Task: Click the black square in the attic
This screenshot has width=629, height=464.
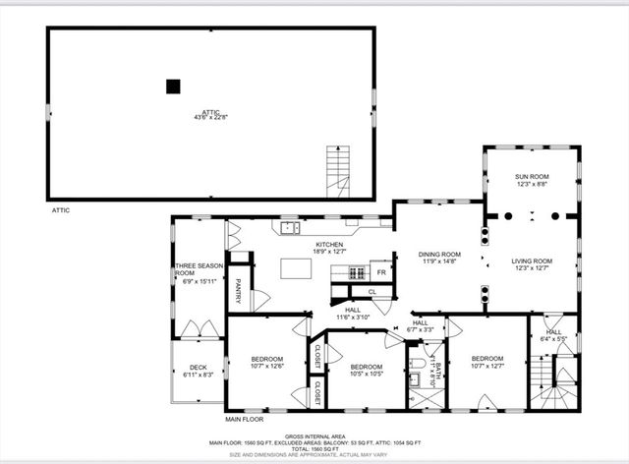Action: (173, 87)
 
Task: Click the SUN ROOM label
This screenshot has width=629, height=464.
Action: (532, 177)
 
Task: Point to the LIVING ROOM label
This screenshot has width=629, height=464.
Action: (531, 261)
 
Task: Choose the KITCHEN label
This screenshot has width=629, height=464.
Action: (329, 244)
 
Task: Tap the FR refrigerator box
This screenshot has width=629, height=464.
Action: (381, 272)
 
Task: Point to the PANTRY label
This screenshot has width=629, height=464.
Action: (239, 292)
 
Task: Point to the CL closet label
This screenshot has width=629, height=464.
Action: (372, 292)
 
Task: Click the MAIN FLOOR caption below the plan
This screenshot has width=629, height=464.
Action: (246, 420)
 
